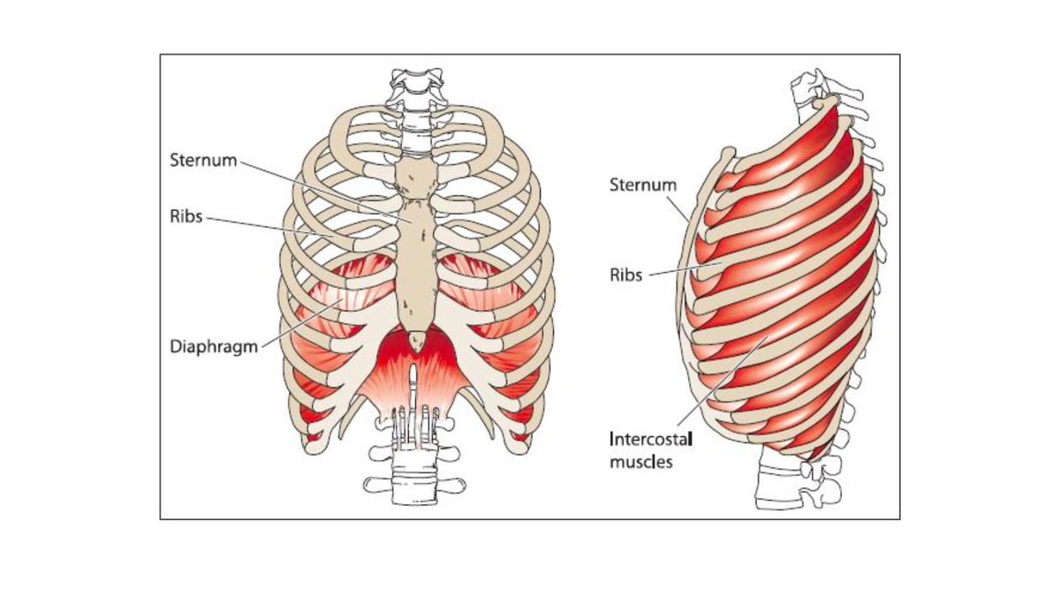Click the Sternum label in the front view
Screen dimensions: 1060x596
202,162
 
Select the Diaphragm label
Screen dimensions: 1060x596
213,346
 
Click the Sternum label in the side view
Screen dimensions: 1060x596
643,185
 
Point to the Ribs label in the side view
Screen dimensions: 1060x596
627,275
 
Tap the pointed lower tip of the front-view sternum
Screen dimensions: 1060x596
418,340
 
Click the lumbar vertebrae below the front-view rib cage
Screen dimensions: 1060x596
412,468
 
